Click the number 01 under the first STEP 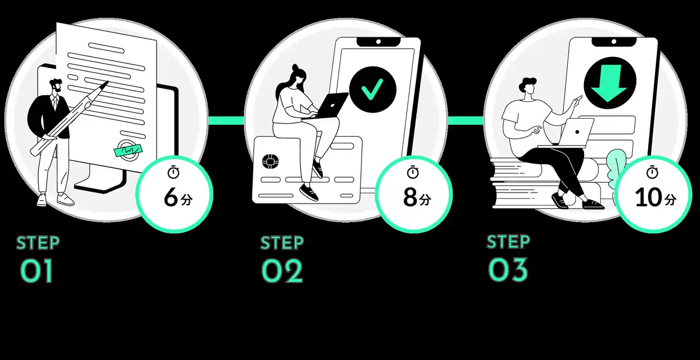point(37,271)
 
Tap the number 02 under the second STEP point(282,271)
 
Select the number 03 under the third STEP point(508,270)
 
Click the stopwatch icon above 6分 point(173,172)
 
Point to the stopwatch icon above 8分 point(413,172)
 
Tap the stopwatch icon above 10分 point(652,172)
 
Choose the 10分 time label point(655,199)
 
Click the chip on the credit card point(269,162)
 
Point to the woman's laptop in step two point(331,105)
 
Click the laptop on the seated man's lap point(576,132)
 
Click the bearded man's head point(56,88)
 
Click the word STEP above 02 point(282,242)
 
